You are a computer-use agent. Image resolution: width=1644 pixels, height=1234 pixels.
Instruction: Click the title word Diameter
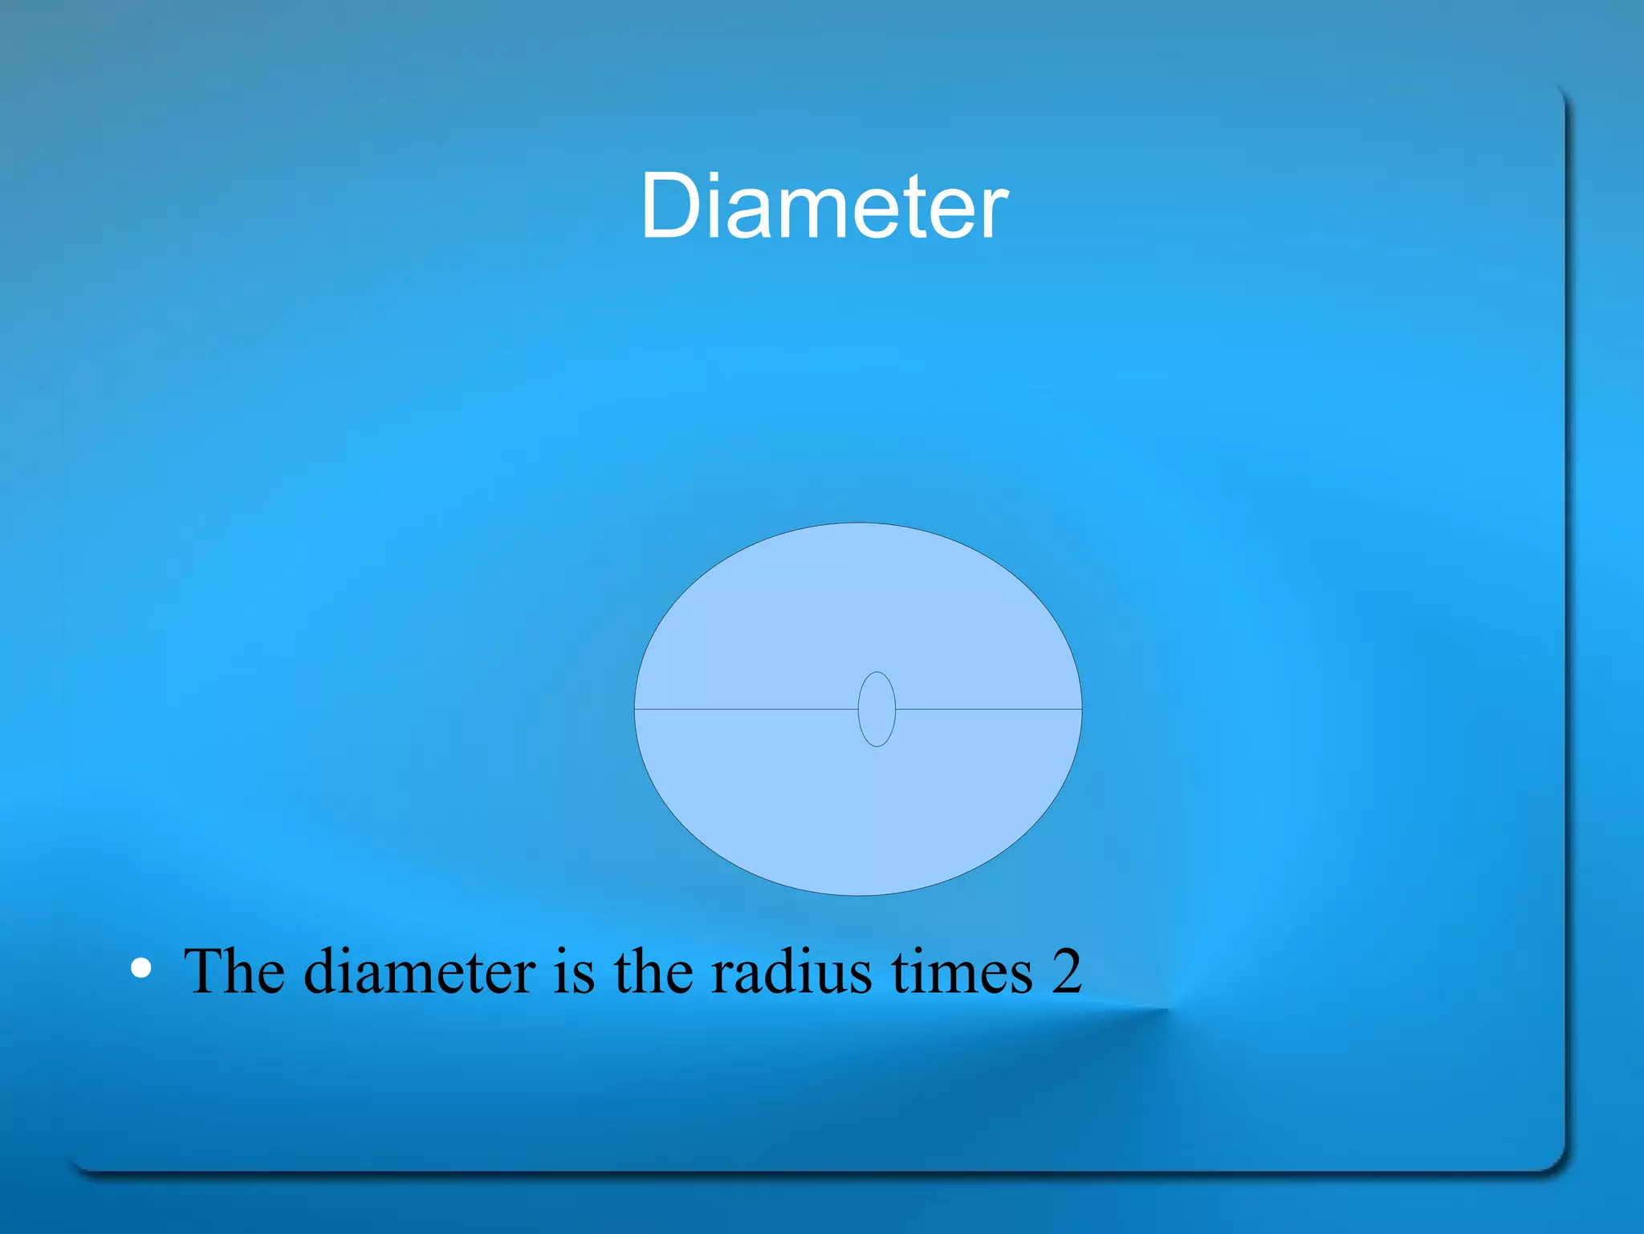(x=824, y=206)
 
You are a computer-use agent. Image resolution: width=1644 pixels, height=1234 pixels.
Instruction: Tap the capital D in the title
(x=673, y=206)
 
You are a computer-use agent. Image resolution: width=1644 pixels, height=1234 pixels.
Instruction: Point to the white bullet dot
(x=141, y=969)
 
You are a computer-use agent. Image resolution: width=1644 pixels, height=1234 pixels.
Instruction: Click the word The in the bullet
(x=234, y=971)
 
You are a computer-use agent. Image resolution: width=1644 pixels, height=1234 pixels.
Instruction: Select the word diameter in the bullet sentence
(x=419, y=971)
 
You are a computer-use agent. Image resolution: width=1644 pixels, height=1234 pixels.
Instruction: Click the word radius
(x=791, y=971)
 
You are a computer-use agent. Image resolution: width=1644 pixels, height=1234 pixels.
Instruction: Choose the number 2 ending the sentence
(x=1067, y=971)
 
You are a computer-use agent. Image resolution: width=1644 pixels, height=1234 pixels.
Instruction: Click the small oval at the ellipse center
(x=877, y=709)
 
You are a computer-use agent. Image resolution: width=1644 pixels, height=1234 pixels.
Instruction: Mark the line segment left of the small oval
(x=747, y=709)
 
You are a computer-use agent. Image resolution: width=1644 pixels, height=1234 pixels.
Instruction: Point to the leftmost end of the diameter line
(x=636, y=709)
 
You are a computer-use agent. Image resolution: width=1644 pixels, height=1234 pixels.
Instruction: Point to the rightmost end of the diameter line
(x=1080, y=709)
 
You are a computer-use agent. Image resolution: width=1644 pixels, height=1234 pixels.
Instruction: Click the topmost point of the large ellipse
(x=858, y=523)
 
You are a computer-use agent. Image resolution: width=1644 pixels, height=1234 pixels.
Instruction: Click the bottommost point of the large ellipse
(x=858, y=894)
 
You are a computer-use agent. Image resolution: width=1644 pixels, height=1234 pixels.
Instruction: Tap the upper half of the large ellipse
(x=858, y=610)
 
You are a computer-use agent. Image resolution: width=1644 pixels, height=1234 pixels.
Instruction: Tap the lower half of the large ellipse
(x=858, y=811)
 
